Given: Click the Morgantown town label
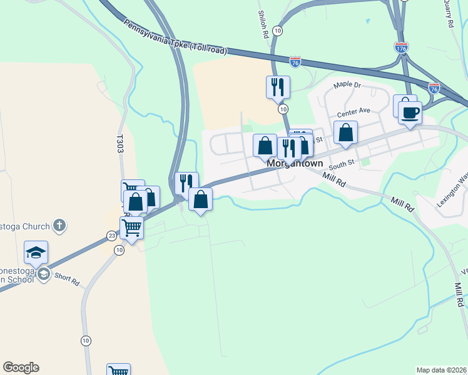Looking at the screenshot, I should tap(295, 164).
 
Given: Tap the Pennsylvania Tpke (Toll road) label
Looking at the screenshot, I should tap(175, 39).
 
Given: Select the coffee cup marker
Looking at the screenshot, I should tap(410, 113).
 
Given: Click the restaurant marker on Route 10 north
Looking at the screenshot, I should tap(278, 87).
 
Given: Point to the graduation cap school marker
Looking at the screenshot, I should tap(36, 252).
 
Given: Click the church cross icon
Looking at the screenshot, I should tap(59, 226).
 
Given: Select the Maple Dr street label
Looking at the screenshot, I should tap(347, 84).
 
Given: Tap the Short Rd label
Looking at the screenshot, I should tap(66, 280).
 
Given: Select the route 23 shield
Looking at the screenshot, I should tap(111, 236).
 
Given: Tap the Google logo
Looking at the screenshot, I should tap(21, 367).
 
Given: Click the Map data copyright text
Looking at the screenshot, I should tap(441, 370).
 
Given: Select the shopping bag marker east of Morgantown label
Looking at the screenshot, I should tap(345, 133).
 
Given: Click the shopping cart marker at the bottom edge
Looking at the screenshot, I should tap(118, 370).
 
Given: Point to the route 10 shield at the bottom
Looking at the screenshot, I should tap(86, 341).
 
